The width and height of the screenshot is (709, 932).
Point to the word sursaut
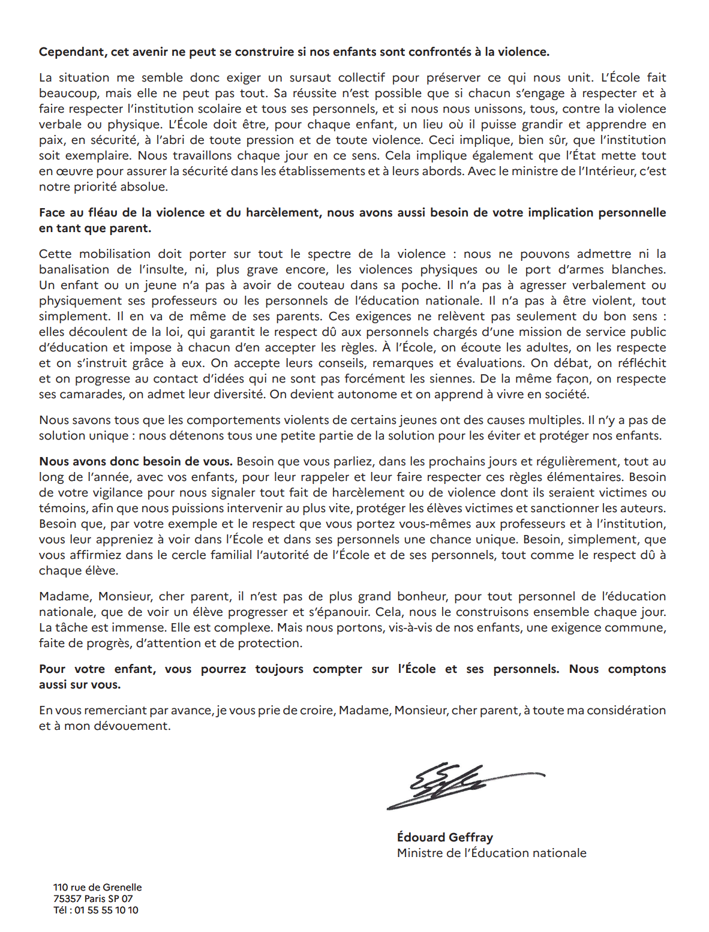coord(310,78)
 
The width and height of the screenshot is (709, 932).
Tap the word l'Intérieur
coord(611,172)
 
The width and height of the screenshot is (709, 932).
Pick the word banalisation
coord(74,270)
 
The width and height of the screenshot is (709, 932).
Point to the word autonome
coord(368,395)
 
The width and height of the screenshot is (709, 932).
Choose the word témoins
coord(62,509)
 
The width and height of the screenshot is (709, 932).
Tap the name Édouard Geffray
coord(444,838)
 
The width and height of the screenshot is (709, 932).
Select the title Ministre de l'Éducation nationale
coord(491,853)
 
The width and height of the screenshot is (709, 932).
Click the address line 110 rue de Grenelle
coord(97,888)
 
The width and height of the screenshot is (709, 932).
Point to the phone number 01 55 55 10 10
coord(106,910)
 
